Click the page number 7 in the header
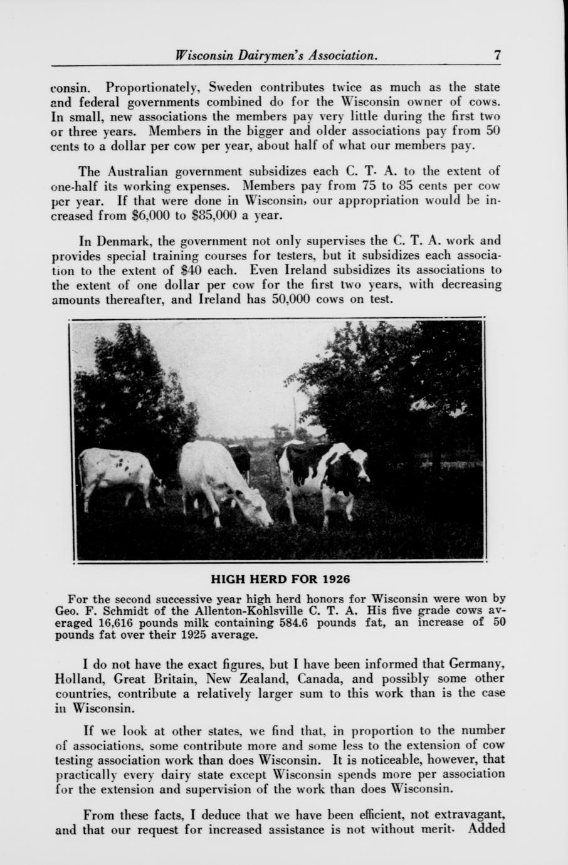(497, 55)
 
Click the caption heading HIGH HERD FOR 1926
(280, 577)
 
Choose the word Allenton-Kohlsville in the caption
(248, 611)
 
